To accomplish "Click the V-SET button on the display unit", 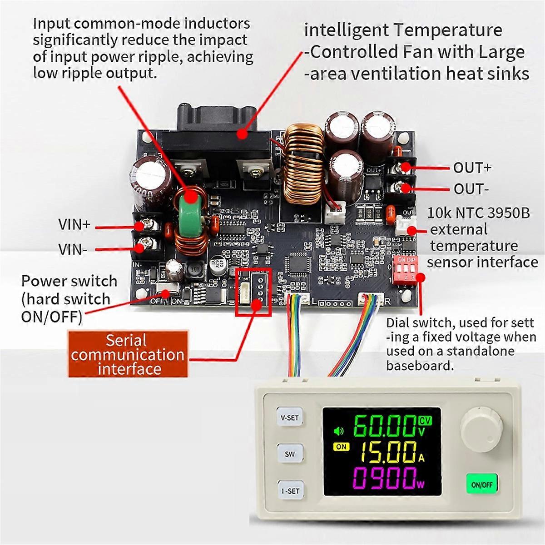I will point(289,417).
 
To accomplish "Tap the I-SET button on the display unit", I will point(290,490).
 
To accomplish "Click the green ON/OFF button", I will point(482,485).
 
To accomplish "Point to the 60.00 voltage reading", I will point(383,426).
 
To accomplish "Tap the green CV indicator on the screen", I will point(425,421).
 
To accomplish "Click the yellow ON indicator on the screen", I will point(341,446).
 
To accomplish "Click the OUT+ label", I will point(472,168).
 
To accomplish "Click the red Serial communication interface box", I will point(128,354).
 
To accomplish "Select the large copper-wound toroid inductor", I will point(304,168).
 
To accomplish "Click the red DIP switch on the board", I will point(407,269).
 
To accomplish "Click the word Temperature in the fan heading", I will point(447,30).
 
